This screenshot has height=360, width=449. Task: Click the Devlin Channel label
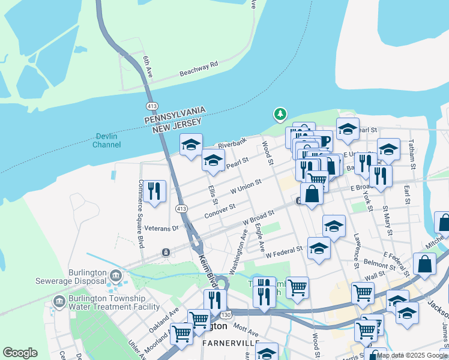point(107,140)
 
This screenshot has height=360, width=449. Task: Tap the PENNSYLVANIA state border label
point(175,115)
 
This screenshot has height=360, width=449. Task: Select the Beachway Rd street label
point(198,70)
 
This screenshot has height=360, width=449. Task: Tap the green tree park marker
point(280,113)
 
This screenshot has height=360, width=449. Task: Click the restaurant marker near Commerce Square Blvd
point(155,191)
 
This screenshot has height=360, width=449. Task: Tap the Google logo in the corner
point(20,353)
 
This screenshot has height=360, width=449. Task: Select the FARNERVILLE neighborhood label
point(231,343)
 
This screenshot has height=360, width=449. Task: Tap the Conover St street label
point(219,210)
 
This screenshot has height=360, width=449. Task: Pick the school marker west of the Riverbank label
point(191,144)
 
